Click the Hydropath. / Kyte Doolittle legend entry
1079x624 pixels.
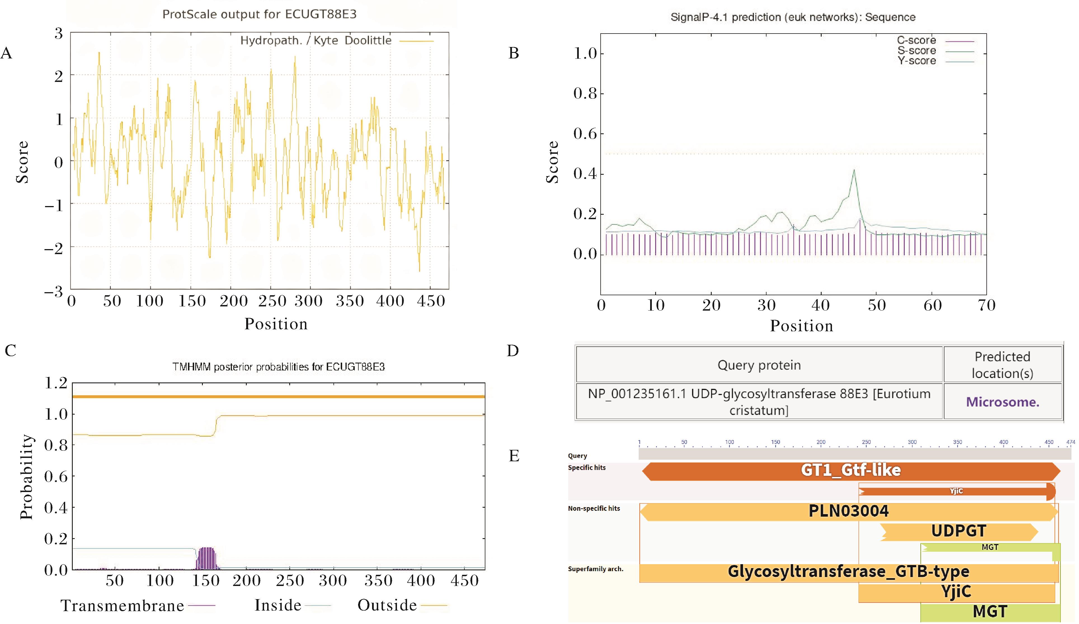316,41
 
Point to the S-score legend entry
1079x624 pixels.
917,51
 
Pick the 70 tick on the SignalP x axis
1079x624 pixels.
986,305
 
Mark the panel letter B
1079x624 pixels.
513,53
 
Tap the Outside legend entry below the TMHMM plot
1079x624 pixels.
387,605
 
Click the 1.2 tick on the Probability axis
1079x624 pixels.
56,383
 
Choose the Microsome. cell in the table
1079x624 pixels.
1002,402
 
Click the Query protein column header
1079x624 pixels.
759,365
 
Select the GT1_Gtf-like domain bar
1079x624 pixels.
851,470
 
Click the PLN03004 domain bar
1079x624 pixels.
848,511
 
